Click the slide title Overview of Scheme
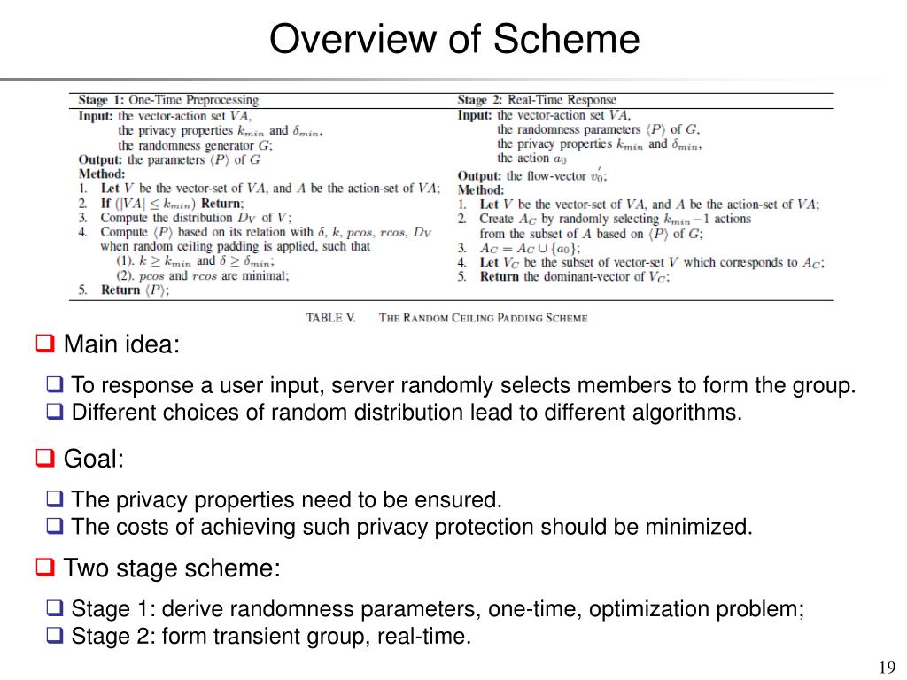point(453,40)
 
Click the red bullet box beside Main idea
point(44,343)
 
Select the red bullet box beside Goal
point(44,458)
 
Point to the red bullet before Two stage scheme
point(44,567)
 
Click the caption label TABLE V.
point(330,318)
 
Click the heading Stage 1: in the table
point(102,101)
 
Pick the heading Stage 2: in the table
point(481,101)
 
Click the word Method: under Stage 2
point(481,189)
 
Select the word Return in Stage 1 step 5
point(120,290)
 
